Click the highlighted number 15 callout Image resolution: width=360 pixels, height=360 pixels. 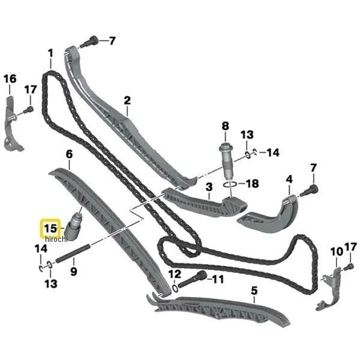pyautogui.click(x=50, y=229)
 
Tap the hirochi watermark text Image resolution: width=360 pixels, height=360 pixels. pyautogui.click(x=56, y=239)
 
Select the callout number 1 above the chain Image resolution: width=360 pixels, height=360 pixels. pyautogui.click(x=50, y=53)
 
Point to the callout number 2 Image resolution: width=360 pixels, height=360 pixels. pyautogui.click(x=127, y=101)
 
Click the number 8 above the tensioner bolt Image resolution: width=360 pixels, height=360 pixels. pyautogui.click(x=225, y=126)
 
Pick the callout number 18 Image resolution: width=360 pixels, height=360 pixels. pyautogui.click(x=252, y=184)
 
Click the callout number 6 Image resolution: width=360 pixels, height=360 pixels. pyautogui.click(x=69, y=154)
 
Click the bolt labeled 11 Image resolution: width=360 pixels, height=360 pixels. pyautogui.click(x=193, y=279)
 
